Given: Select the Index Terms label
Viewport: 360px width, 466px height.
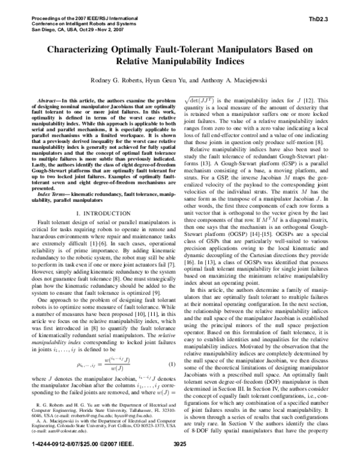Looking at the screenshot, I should tap(50, 195).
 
